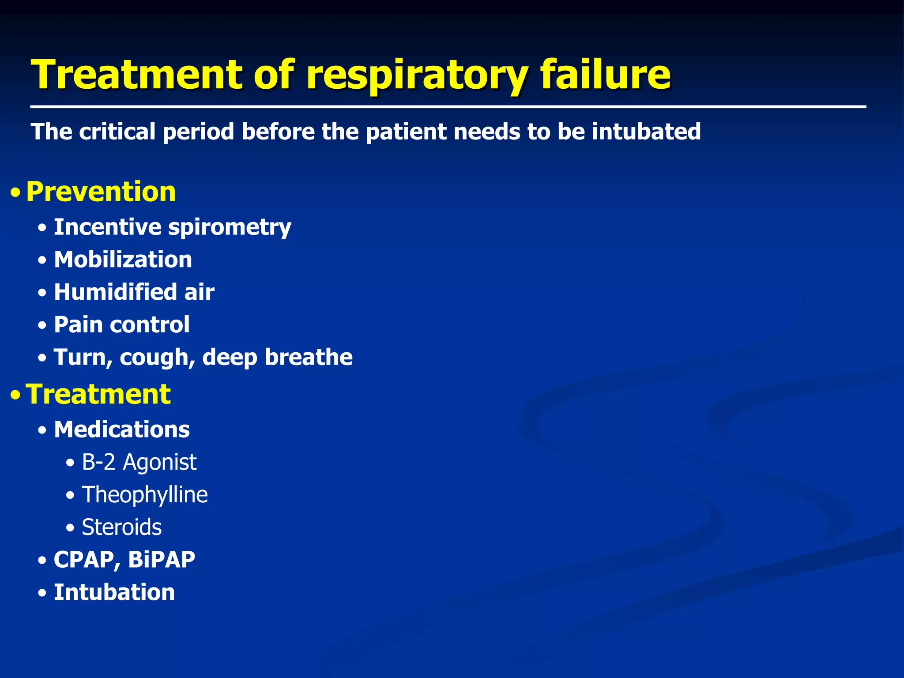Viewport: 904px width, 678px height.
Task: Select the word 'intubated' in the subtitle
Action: click(646, 132)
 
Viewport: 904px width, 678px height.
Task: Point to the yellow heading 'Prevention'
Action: click(101, 192)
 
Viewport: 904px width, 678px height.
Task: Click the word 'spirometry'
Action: click(230, 228)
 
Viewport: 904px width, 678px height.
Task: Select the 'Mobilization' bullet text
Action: click(123, 260)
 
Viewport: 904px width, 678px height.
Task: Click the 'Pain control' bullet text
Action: click(121, 325)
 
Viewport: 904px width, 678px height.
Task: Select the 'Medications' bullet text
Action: click(122, 429)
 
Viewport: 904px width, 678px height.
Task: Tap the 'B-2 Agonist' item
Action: click(139, 462)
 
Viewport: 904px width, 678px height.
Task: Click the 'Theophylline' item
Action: click(145, 495)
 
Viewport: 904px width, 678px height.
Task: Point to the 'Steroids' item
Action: click(122, 527)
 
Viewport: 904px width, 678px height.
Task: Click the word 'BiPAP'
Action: click(162, 560)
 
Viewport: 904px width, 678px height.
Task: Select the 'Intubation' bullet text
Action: click(114, 592)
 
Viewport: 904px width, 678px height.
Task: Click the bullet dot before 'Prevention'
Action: click(16, 193)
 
